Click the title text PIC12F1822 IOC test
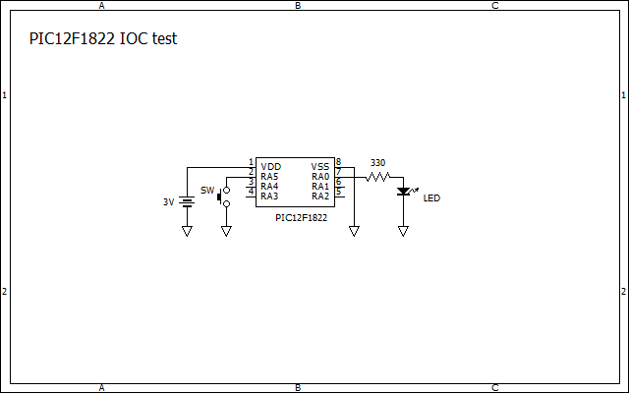click(103, 39)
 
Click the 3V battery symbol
click(187, 201)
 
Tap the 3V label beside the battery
click(168, 202)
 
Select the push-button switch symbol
click(224, 196)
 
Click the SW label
click(206, 191)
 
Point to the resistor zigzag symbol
click(378, 177)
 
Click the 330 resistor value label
click(377, 163)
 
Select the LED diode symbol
click(403, 192)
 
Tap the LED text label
click(431, 198)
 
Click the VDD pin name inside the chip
click(271, 167)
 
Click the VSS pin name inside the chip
click(320, 167)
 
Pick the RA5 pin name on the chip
click(270, 177)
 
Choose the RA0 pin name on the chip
click(320, 177)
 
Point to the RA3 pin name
click(270, 196)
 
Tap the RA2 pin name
click(320, 196)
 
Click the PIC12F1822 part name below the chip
click(302, 218)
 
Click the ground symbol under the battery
click(187, 232)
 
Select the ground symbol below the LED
click(403, 232)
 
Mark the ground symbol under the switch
click(226, 232)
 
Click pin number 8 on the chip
click(338, 162)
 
